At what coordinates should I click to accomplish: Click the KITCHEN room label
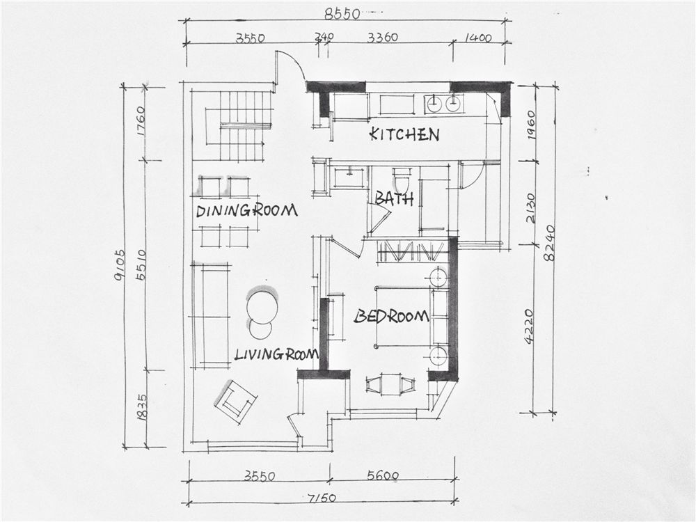tap(404, 134)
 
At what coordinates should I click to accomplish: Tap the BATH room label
tap(394, 198)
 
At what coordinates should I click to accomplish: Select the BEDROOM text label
tap(391, 316)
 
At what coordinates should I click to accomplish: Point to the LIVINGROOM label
tap(276, 354)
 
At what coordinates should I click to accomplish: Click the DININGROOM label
tap(246, 210)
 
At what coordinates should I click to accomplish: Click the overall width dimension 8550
tap(342, 14)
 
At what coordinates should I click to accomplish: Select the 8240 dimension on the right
tap(550, 243)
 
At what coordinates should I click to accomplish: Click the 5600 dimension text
tap(383, 476)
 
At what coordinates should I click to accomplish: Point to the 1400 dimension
tap(478, 38)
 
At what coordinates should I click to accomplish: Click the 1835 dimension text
tap(141, 406)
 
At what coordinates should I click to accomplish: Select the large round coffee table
tap(262, 306)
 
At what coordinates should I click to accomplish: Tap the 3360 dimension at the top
tap(383, 38)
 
